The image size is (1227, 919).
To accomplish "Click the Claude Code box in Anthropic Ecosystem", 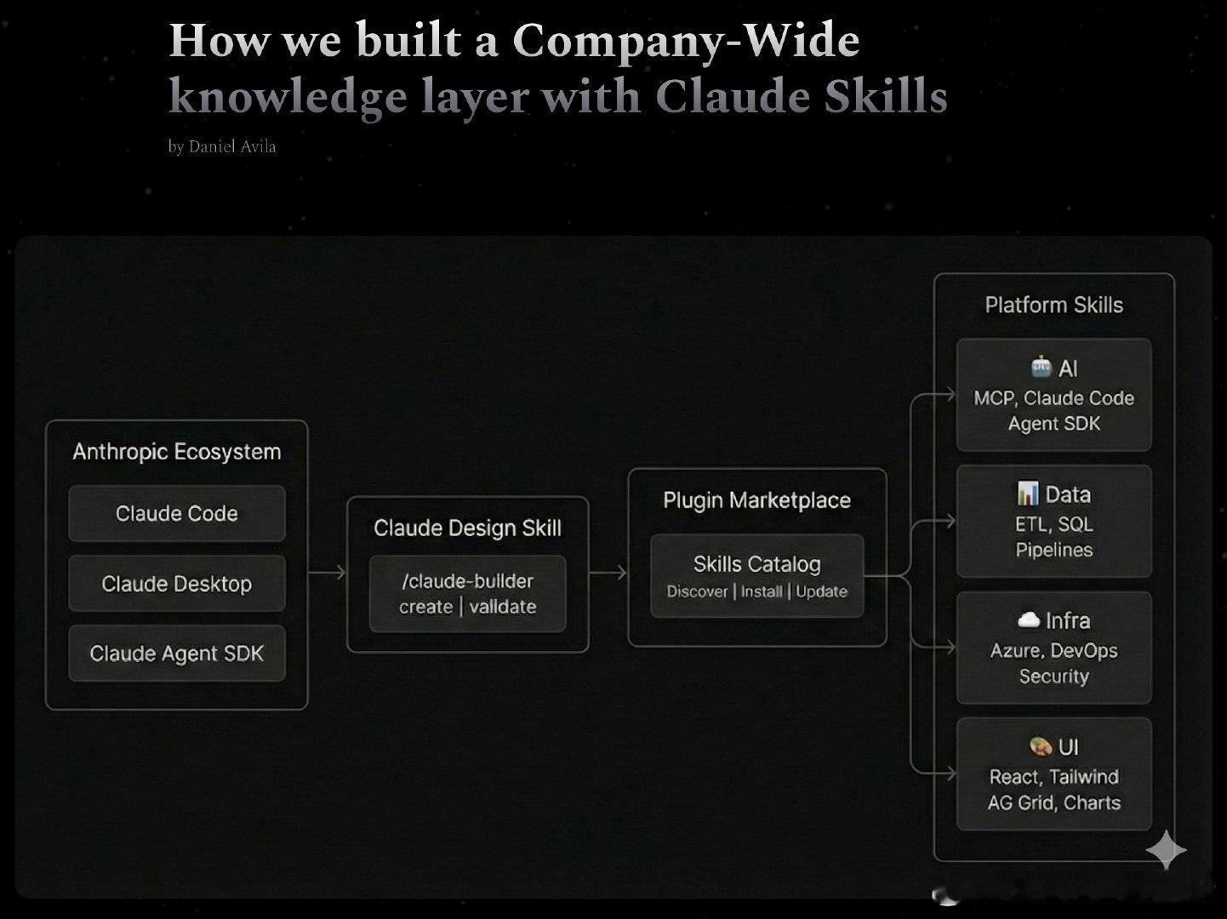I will pyautogui.click(x=177, y=514).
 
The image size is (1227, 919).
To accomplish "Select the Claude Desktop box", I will pyautogui.click(x=177, y=584).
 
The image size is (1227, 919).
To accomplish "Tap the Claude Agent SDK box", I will pyautogui.click(x=177, y=654).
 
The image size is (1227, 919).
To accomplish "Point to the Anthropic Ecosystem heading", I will pyautogui.click(x=177, y=452).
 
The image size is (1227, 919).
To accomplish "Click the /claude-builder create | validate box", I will pyautogui.click(x=467, y=594).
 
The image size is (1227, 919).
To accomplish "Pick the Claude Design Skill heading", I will pyautogui.click(x=467, y=528).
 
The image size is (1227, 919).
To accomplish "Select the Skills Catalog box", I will pyautogui.click(x=756, y=575).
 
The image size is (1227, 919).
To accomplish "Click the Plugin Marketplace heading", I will pyautogui.click(x=756, y=500).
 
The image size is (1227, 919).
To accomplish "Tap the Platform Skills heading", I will pyautogui.click(x=1053, y=305).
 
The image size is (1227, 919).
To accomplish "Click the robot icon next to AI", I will pyautogui.click(x=1041, y=367).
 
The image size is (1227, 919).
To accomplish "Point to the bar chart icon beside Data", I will pyautogui.click(x=1028, y=494).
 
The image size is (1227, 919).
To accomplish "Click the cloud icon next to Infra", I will pyautogui.click(x=1029, y=619).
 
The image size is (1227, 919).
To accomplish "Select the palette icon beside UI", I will pyautogui.click(x=1041, y=746).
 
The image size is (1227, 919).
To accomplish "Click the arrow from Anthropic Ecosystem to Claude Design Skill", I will pyautogui.click(x=328, y=573).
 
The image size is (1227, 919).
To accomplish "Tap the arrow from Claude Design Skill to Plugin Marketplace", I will pyautogui.click(x=608, y=573).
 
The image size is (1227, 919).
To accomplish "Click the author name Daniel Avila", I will pyautogui.click(x=232, y=146).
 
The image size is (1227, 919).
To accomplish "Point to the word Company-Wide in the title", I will pyautogui.click(x=686, y=41).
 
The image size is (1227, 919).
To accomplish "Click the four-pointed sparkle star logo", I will pyautogui.click(x=1166, y=849).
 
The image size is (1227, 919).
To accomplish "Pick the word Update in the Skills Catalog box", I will pyautogui.click(x=821, y=591).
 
